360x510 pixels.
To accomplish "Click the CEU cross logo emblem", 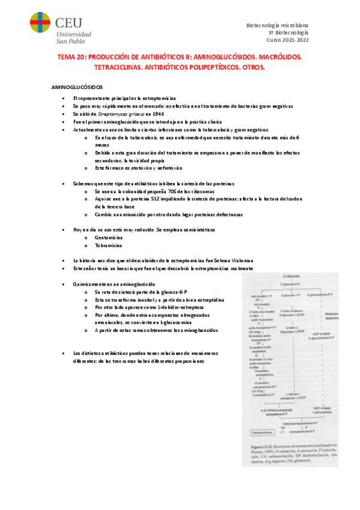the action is pyautogui.click(x=40, y=27).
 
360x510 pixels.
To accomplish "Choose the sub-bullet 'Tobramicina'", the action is pyautogui.click(x=108, y=246).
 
